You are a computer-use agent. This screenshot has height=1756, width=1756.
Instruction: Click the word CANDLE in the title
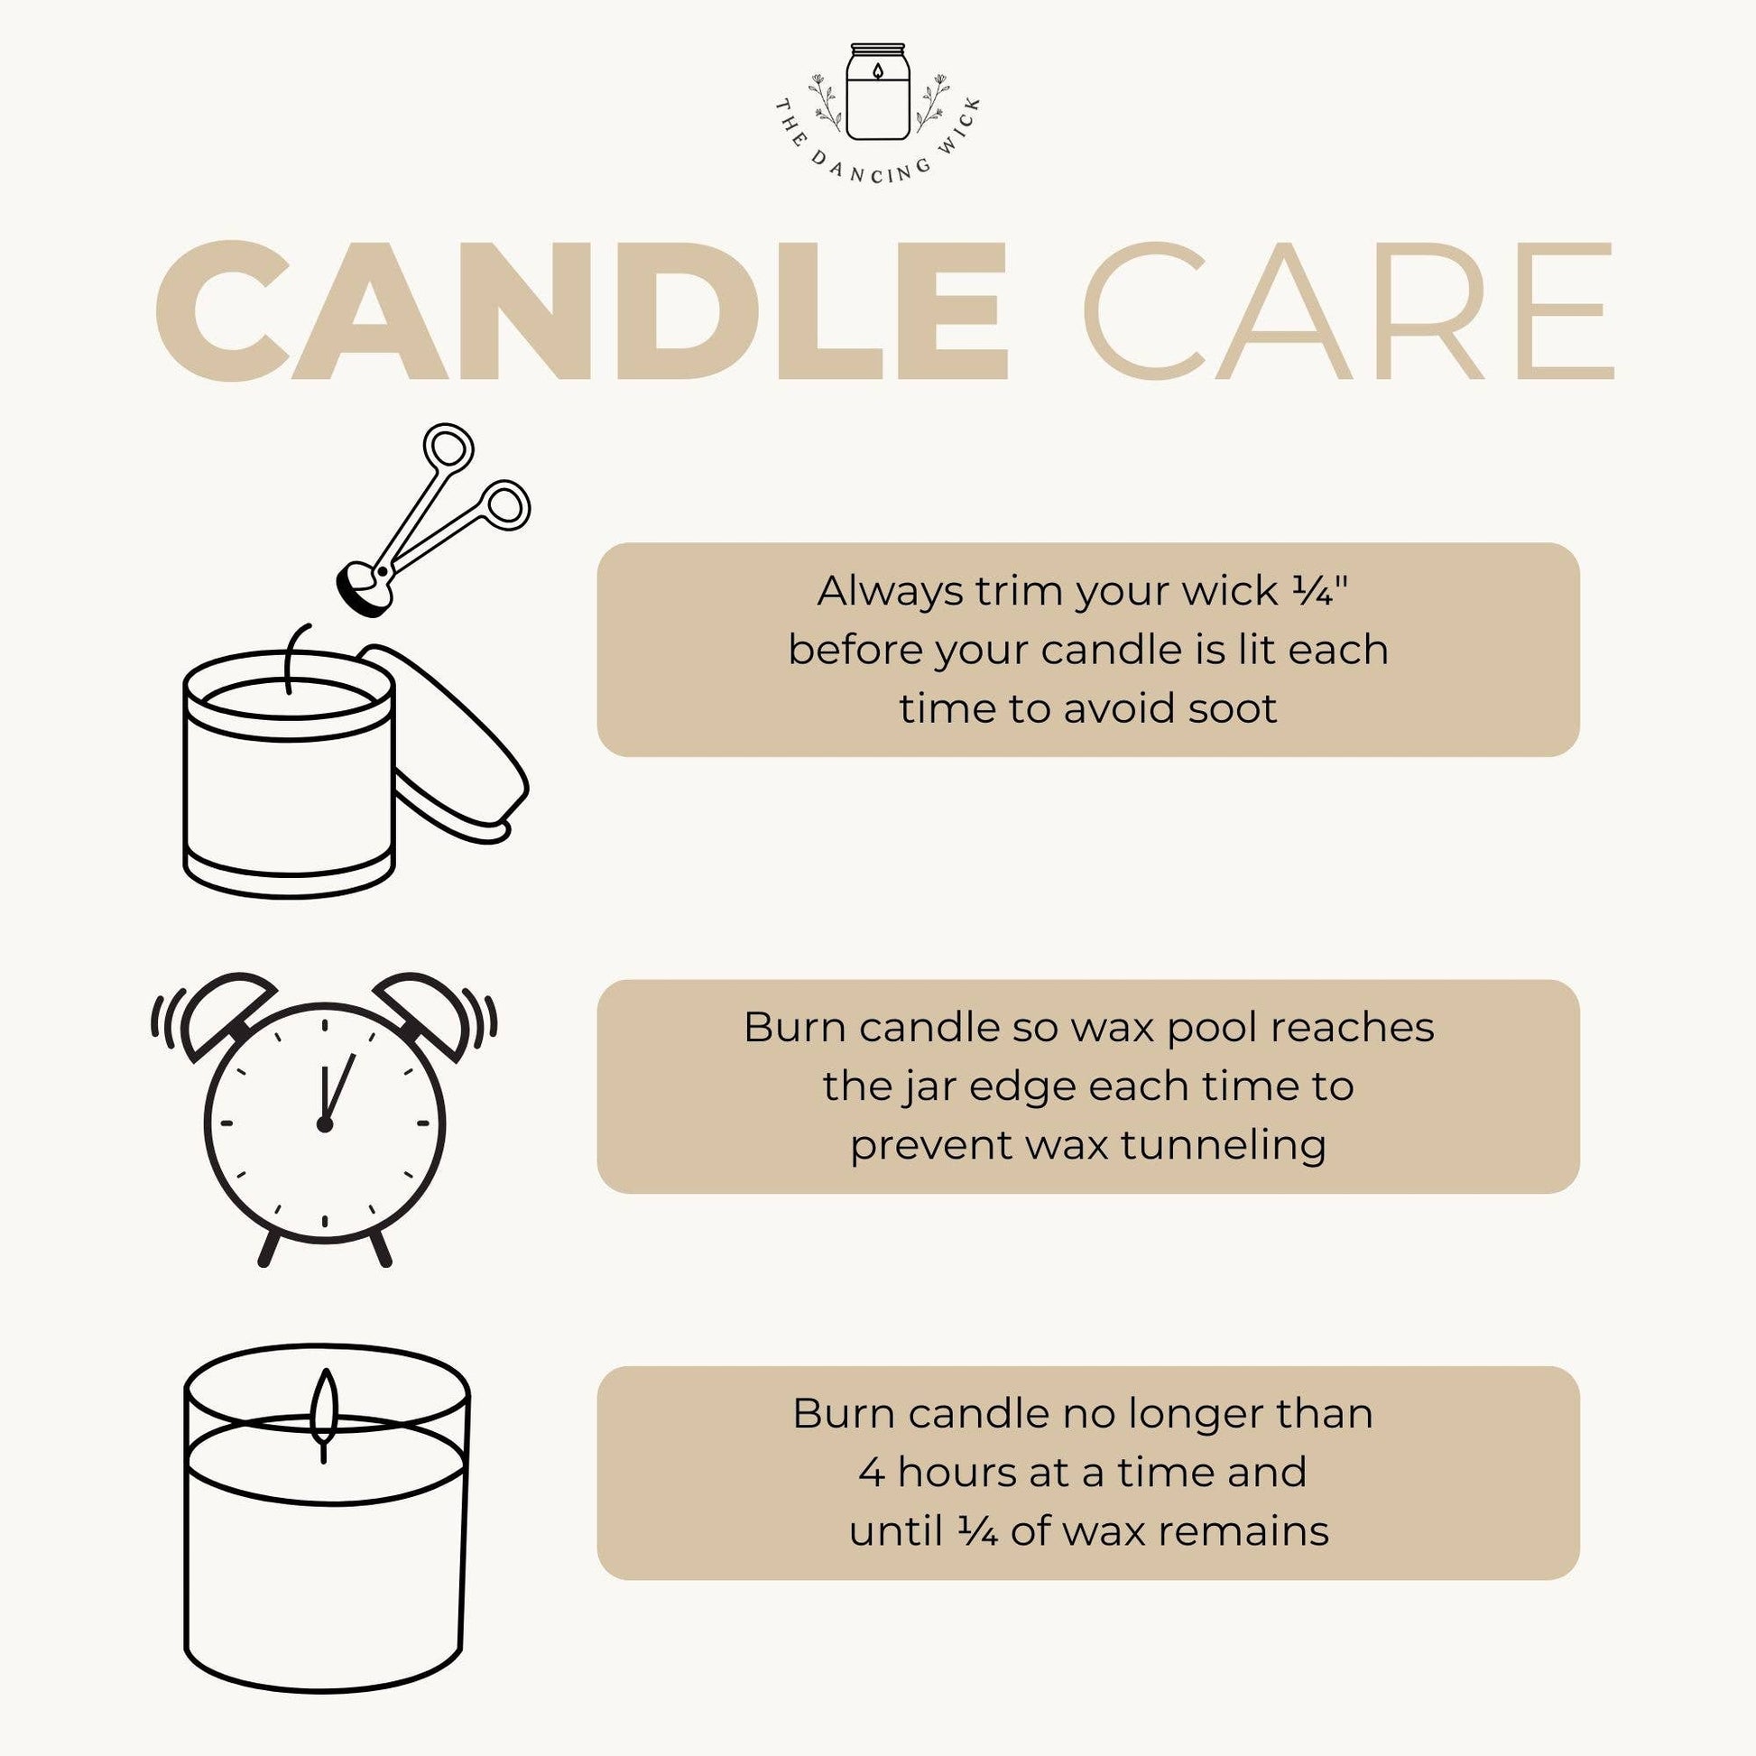tap(582, 310)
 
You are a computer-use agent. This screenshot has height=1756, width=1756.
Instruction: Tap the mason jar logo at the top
tap(877, 91)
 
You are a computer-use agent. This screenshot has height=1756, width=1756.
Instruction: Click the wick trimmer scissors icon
tap(427, 527)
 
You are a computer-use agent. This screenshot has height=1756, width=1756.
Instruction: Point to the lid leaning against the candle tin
tap(455, 745)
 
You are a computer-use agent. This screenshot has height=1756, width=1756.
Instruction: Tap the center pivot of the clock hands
tap(325, 1124)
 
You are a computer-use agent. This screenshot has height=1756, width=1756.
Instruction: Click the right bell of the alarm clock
tap(420, 1011)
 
